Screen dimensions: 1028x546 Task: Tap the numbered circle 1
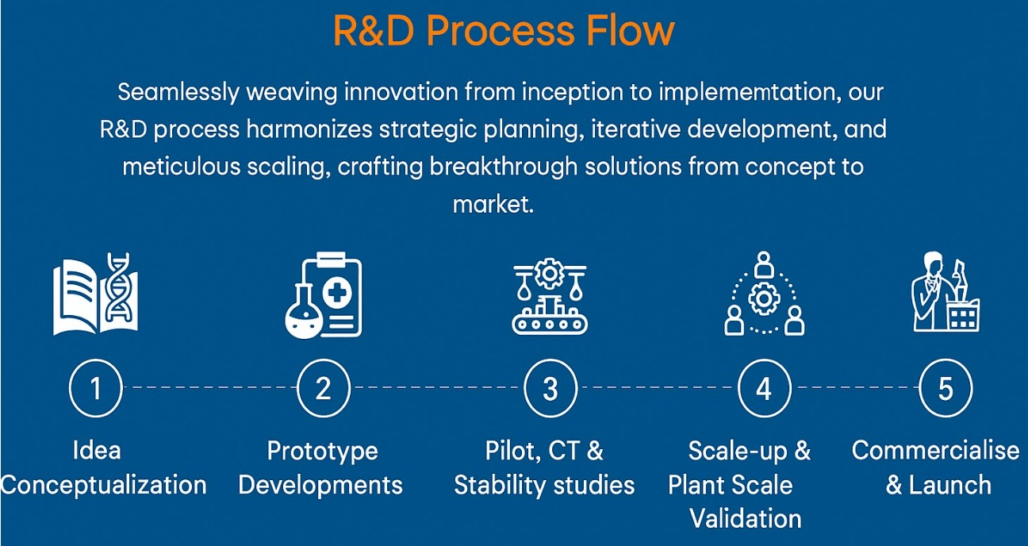[x=96, y=388]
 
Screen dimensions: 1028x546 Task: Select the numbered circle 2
[x=324, y=388]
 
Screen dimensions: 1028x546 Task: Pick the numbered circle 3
[x=550, y=388]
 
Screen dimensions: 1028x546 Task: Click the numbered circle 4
[x=764, y=388]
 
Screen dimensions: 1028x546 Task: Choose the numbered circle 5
[x=946, y=388]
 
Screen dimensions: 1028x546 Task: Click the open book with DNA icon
[x=95, y=293]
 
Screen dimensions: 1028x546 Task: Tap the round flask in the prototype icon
[x=303, y=312]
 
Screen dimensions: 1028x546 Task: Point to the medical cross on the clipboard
[x=337, y=293]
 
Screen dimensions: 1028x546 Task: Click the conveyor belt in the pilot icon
[x=550, y=325]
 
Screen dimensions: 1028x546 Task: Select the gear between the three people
[x=764, y=299]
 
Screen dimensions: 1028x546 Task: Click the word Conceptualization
[x=103, y=486]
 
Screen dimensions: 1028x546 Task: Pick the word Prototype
[x=323, y=451]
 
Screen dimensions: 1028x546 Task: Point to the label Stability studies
[x=544, y=486]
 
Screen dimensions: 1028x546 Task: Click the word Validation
[x=746, y=519]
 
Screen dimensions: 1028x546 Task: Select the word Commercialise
[x=935, y=451]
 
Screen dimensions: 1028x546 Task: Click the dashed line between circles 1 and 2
[x=209, y=387]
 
